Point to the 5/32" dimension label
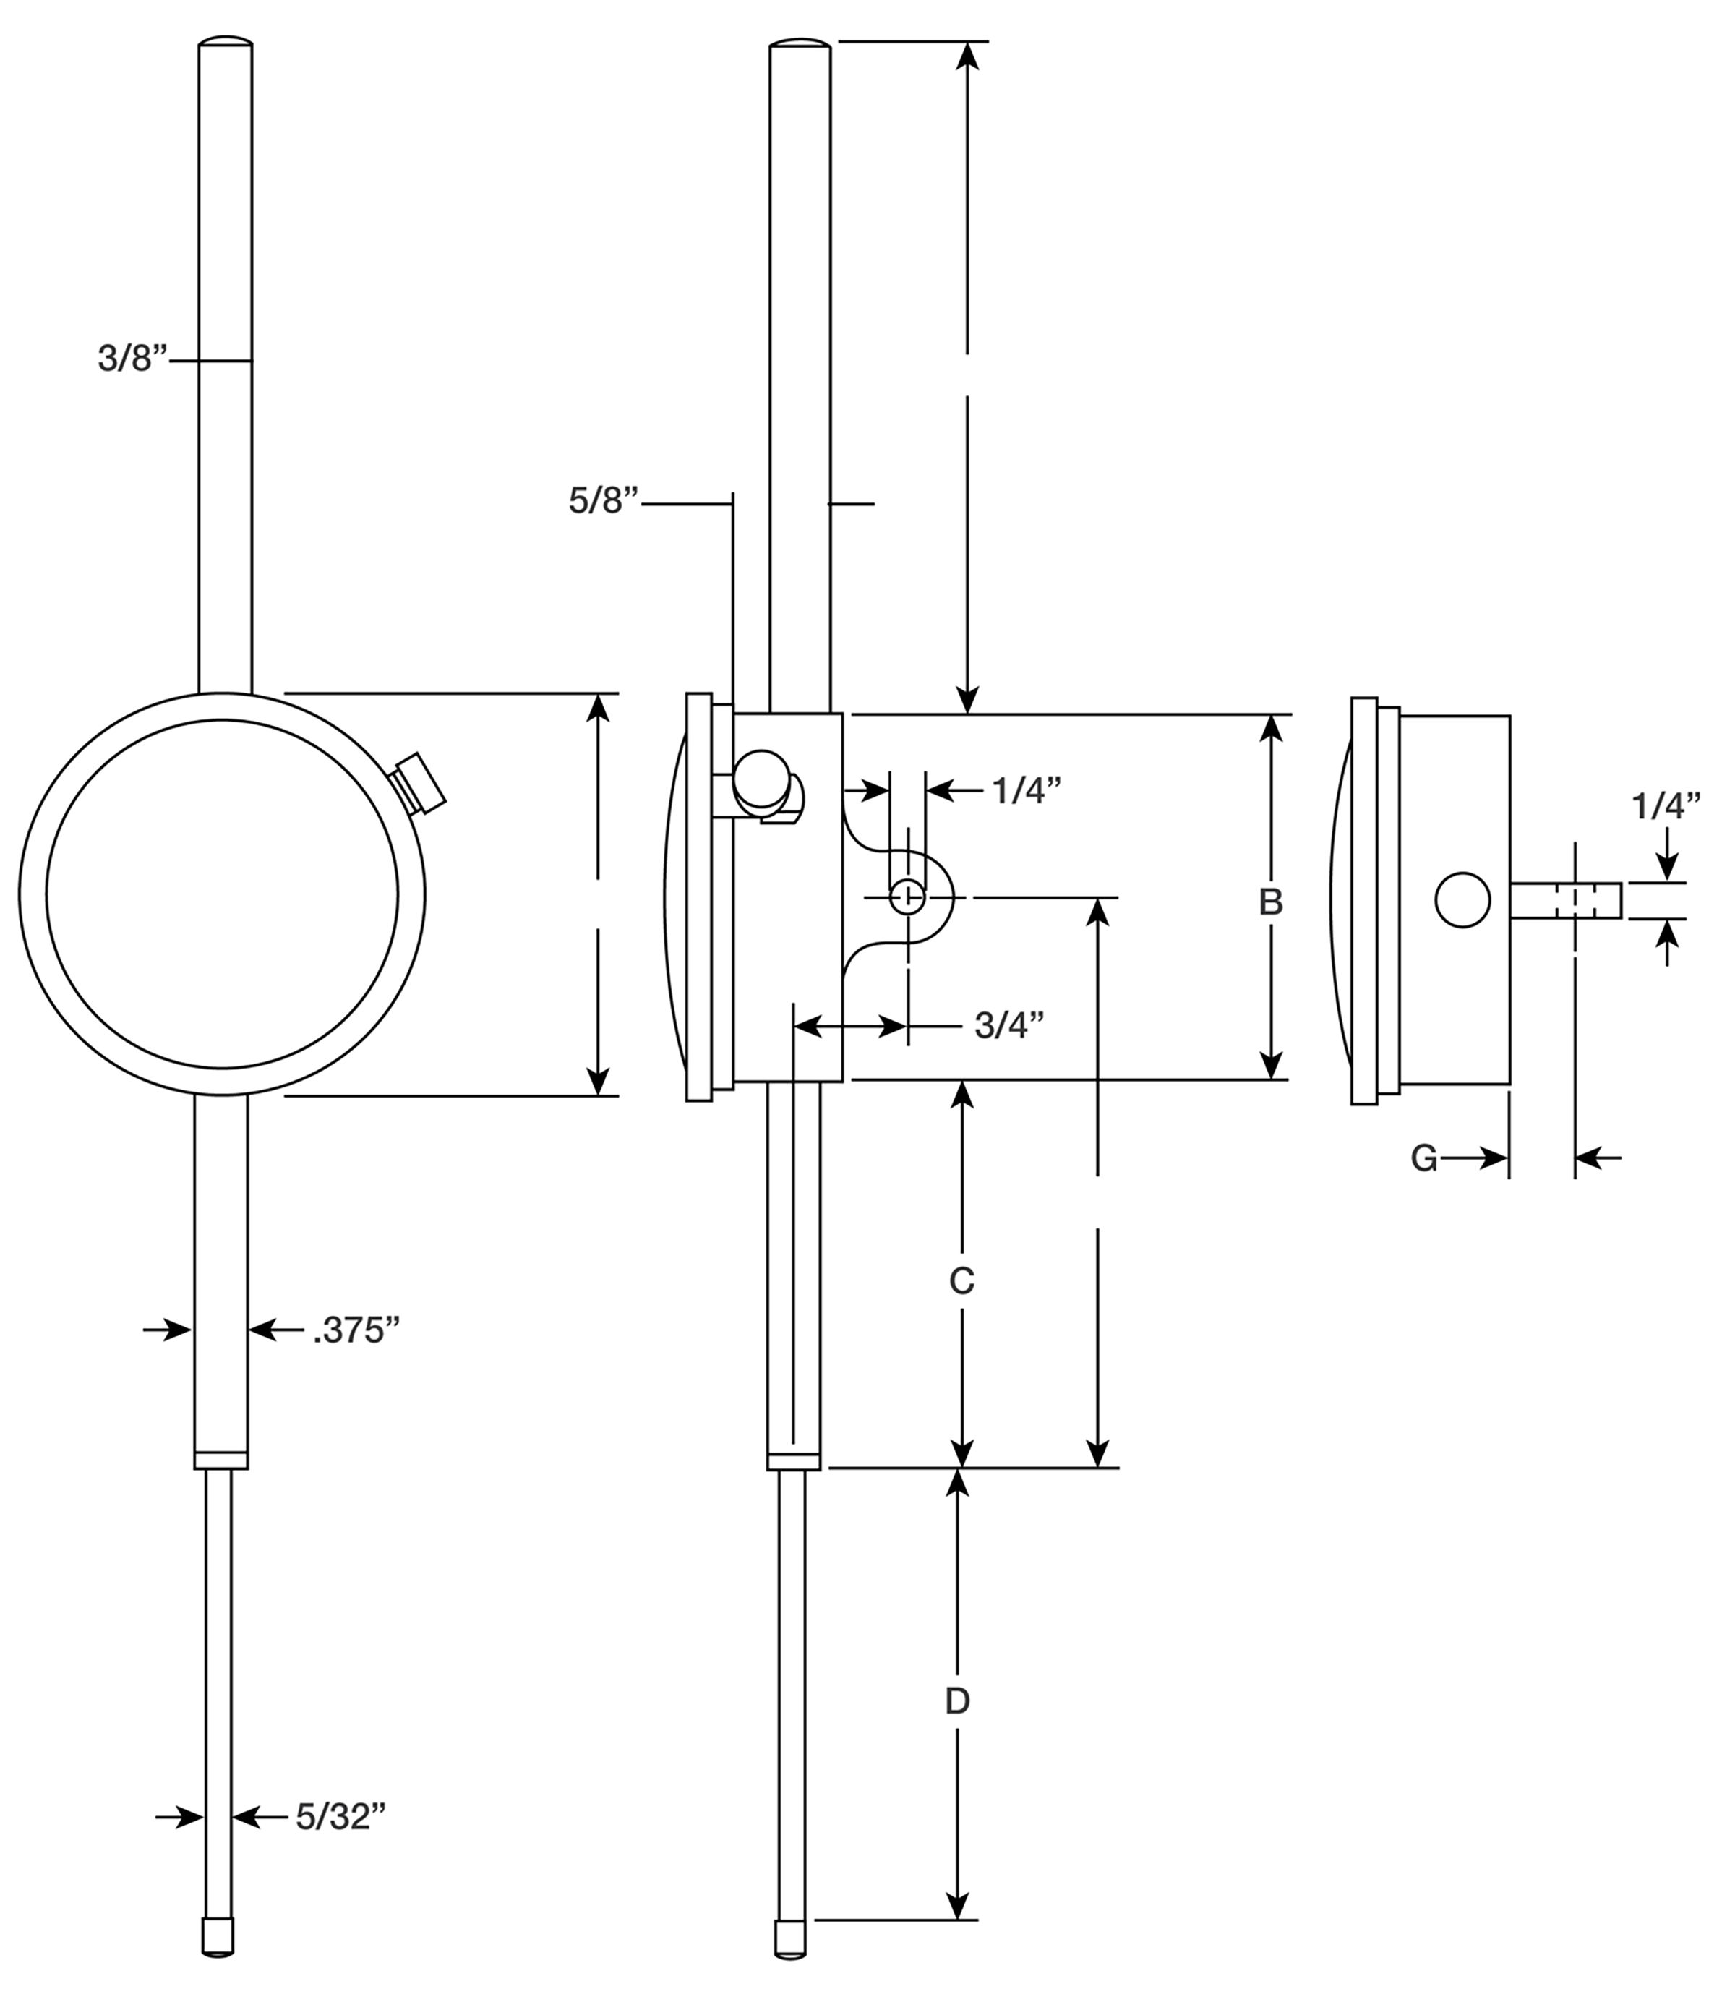pyautogui.click(x=340, y=1818)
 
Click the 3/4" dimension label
pyautogui.click(x=1009, y=1025)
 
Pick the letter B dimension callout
pyautogui.click(x=1270, y=902)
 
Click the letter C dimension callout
pyautogui.click(x=961, y=1281)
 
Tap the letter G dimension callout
pyautogui.click(x=1423, y=1158)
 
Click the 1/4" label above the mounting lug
pyautogui.click(x=1027, y=791)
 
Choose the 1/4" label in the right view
pyautogui.click(x=1666, y=805)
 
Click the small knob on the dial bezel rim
pyautogui.click(x=420, y=782)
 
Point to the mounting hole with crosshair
pyautogui.click(x=907, y=897)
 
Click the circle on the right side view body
pyautogui.click(x=1462, y=899)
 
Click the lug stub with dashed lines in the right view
pyautogui.click(x=1566, y=899)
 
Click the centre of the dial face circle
pyautogui.click(x=222, y=894)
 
